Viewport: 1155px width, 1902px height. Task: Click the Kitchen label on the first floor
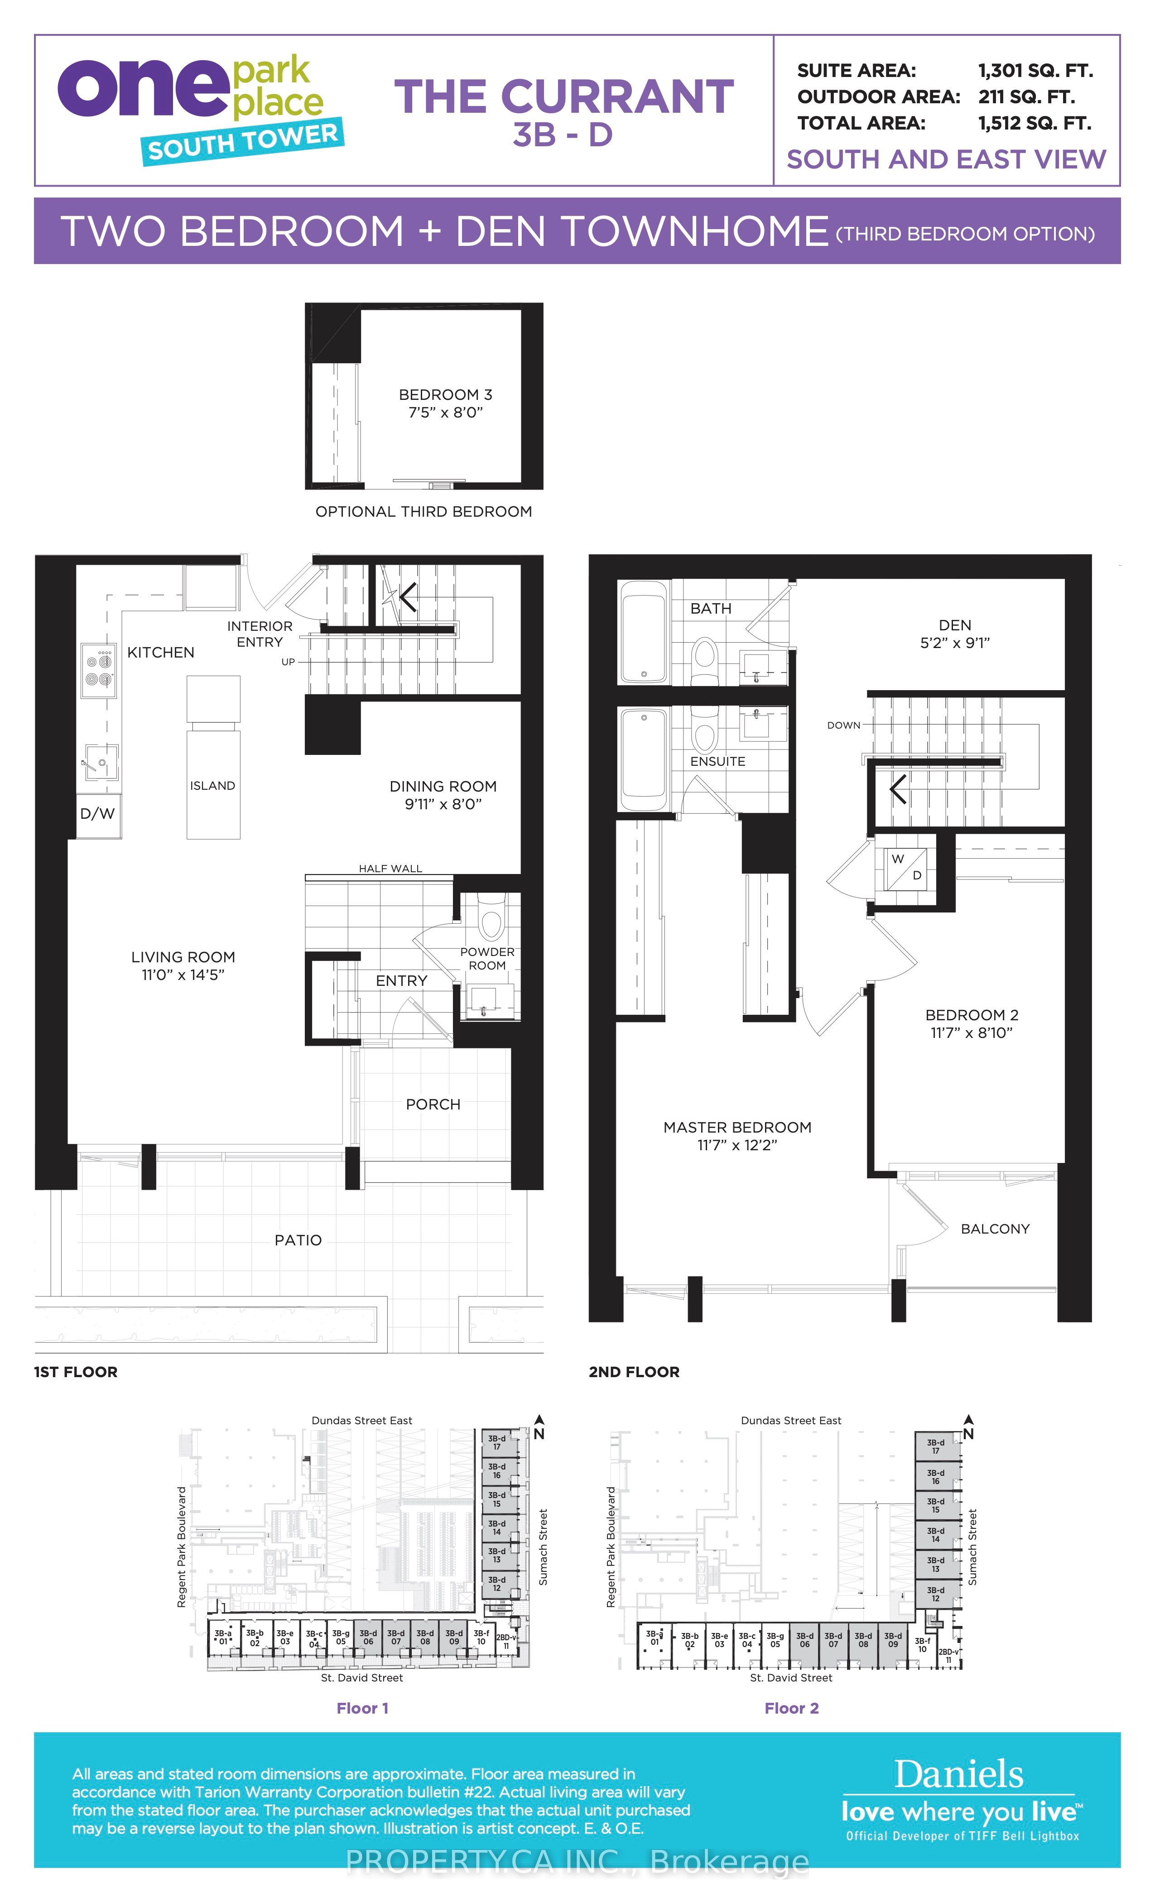click(161, 652)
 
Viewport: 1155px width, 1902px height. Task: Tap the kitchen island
click(213, 757)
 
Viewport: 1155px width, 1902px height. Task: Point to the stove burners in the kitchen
click(99, 670)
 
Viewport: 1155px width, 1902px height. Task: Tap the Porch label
click(433, 1105)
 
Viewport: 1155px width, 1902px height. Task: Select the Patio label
click(298, 1240)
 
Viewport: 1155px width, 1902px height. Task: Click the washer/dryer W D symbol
click(906, 867)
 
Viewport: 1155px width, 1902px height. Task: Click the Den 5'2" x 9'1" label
click(955, 634)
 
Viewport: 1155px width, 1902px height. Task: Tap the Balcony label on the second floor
click(995, 1229)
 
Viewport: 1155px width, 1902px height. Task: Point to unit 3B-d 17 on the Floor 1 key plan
click(497, 1443)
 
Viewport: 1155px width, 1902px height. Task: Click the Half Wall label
click(390, 869)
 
